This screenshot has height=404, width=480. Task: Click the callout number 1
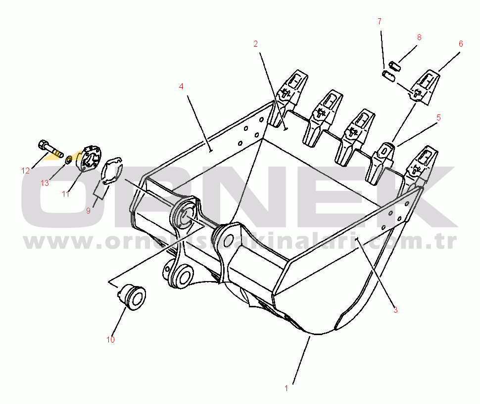[286, 389]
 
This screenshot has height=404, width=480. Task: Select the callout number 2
[255, 44]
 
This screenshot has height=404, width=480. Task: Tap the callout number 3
[395, 310]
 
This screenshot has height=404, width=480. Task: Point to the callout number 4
[181, 86]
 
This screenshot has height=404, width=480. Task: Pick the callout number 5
[438, 117]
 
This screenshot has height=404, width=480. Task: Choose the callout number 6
[461, 44]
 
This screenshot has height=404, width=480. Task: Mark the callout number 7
[380, 21]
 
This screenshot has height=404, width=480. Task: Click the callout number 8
[419, 37]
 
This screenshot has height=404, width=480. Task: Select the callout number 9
[88, 211]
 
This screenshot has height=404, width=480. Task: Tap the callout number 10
[110, 340]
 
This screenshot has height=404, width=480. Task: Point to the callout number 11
[65, 194]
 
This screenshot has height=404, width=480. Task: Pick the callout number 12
[25, 171]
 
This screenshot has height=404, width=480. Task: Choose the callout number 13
[45, 183]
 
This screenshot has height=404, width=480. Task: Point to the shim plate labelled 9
[112, 171]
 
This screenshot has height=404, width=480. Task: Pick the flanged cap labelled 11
[89, 158]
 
